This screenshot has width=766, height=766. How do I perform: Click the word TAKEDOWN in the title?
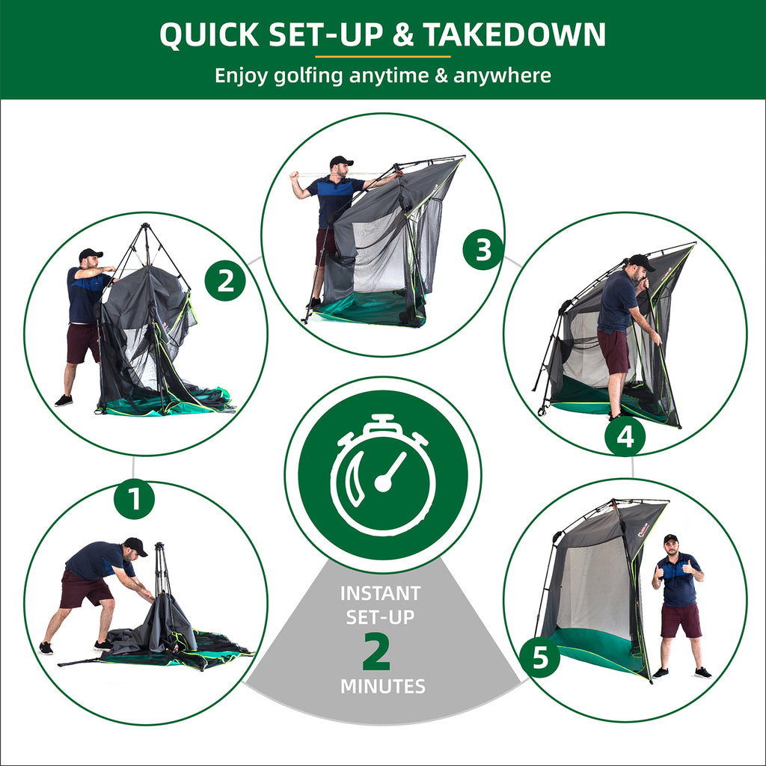tap(514, 34)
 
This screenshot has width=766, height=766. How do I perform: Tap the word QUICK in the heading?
tap(209, 34)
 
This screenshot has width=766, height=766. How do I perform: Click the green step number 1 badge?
tap(134, 499)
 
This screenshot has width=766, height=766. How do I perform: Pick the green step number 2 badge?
tap(225, 281)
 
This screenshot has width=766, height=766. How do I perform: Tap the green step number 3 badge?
tap(483, 250)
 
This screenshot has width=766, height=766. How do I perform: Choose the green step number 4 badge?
tap(625, 436)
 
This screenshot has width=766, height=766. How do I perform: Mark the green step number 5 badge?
tap(540, 657)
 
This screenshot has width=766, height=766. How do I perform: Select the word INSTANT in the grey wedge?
tap(381, 593)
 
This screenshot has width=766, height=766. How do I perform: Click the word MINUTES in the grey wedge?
tap(383, 687)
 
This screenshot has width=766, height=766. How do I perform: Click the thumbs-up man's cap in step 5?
tap(671, 539)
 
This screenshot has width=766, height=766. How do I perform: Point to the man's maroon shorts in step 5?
tap(681, 620)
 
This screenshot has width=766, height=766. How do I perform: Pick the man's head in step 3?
tap(340, 167)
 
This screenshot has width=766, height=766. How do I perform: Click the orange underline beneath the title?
tap(383, 57)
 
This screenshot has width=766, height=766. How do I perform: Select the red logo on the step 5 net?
tap(643, 530)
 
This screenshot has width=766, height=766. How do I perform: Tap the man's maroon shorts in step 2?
tap(83, 343)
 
